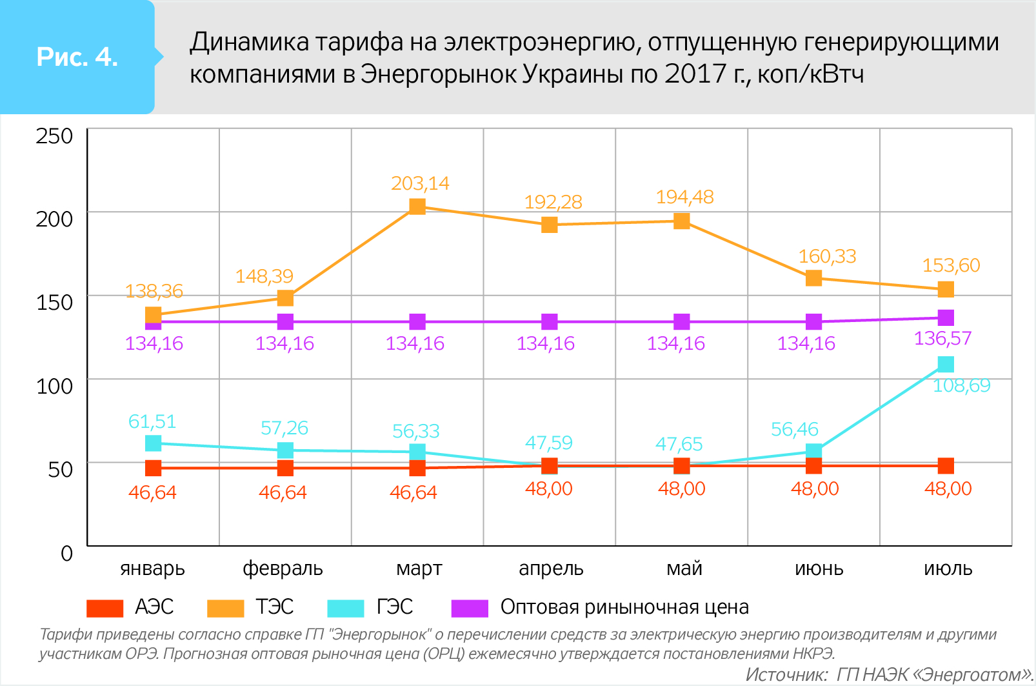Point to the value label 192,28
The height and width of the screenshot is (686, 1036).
point(553,202)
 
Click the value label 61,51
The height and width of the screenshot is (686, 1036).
point(152,421)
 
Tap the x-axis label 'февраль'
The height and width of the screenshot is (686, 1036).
point(283,569)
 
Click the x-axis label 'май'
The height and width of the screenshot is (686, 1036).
point(684,569)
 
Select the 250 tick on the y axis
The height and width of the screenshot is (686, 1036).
point(54,136)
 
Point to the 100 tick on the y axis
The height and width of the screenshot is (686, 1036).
point(54,386)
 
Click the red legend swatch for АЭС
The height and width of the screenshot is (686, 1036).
point(105,608)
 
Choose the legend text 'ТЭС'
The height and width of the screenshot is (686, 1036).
point(275,607)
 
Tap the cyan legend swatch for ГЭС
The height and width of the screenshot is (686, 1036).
point(346,608)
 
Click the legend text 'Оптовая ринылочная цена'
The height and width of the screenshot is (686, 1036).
point(624,607)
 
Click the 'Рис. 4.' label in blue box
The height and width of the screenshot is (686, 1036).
point(77,57)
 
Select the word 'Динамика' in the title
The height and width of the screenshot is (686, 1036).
point(250,42)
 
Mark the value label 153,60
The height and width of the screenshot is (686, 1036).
point(951,265)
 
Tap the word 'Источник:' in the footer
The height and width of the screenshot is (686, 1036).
point(786,674)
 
